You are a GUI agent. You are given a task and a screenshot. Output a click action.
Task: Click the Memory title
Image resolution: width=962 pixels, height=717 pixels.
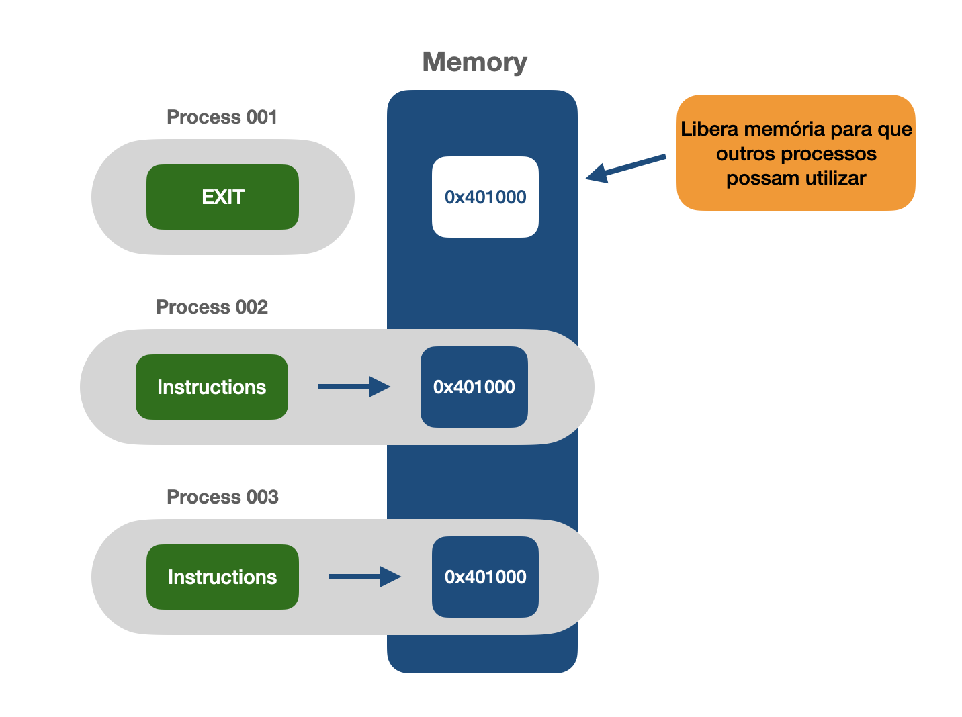point(474,62)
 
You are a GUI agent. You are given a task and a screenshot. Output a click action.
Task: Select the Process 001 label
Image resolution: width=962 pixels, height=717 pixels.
point(222,117)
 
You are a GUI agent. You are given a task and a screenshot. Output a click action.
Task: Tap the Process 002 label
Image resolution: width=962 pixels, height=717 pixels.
point(212,307)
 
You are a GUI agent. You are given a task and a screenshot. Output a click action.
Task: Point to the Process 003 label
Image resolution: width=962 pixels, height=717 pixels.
point(222,497)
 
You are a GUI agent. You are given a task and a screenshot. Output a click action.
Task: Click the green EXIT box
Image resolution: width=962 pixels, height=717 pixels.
point(222,197)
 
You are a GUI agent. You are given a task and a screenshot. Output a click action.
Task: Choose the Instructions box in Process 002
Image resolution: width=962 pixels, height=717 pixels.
point(212,387)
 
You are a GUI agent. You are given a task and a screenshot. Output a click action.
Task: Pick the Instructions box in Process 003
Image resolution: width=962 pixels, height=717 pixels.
point(222,577)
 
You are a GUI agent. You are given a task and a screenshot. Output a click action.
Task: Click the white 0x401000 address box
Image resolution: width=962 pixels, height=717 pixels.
point(485,197)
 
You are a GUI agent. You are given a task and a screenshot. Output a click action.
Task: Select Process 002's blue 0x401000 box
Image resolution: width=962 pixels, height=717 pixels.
point(474,387)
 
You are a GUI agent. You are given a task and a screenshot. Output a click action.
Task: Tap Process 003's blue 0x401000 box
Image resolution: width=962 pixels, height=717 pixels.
point(485,577)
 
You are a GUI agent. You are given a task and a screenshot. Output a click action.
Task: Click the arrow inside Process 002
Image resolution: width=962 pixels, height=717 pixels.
point(353,387)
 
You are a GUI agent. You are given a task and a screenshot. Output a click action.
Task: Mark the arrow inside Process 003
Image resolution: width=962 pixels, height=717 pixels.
point(364,577)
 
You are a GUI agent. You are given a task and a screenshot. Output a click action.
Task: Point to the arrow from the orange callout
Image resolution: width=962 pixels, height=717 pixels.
point(625,168)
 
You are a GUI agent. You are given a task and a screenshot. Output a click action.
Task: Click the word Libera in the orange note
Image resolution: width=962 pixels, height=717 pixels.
point(709,129)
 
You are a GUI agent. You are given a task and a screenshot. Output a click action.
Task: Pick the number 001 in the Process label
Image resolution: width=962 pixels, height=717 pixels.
point(262,117)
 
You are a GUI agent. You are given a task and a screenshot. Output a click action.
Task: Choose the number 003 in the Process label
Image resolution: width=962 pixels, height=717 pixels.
point(263,497)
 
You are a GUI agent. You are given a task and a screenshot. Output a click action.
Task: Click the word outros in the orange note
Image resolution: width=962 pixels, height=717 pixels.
point(745,154)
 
